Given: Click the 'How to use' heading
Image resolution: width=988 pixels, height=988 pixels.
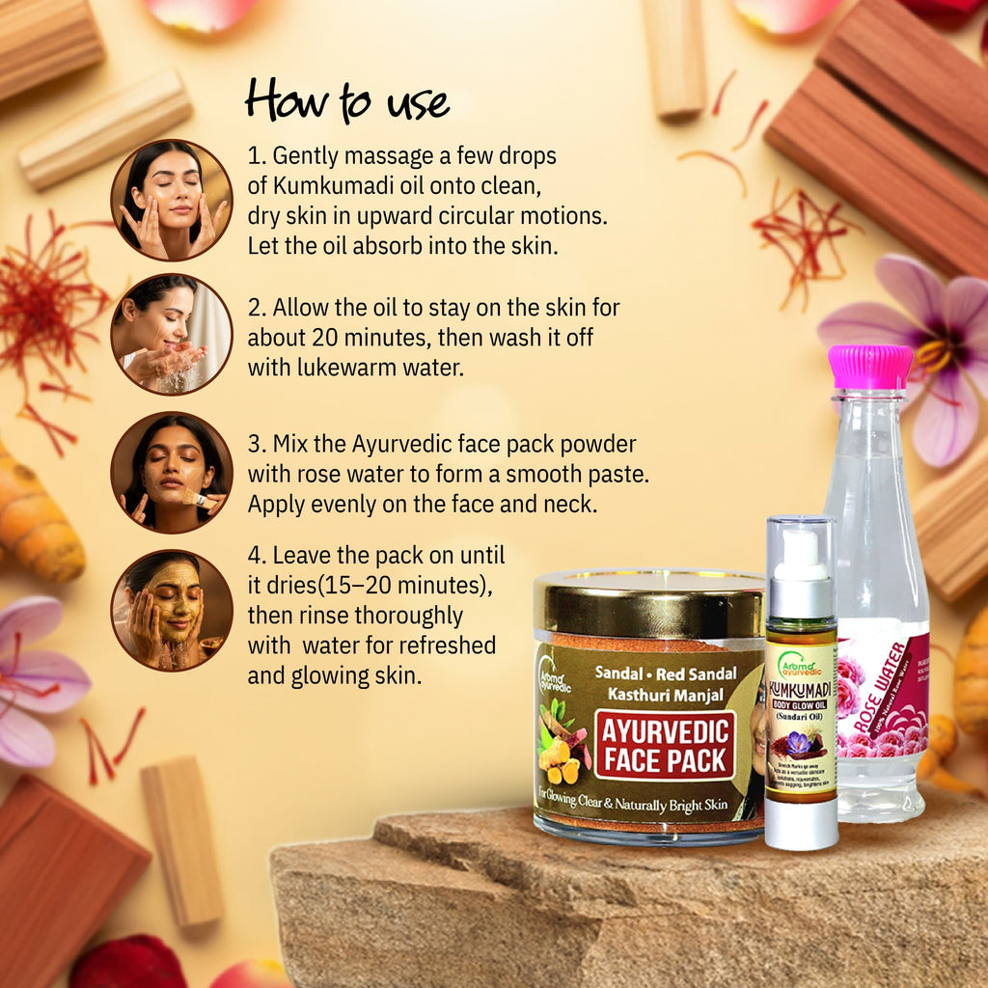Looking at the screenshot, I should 347,100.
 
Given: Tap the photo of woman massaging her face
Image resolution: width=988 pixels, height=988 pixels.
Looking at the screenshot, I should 172,201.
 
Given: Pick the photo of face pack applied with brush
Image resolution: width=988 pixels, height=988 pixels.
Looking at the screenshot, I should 172,472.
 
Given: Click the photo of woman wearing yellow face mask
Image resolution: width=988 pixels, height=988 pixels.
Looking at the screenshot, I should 172,610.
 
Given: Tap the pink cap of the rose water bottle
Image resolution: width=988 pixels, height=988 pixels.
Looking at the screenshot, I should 870,368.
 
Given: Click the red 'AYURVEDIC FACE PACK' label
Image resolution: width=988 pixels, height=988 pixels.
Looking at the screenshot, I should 664,744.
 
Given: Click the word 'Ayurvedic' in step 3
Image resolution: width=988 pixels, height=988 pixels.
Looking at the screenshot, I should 398,446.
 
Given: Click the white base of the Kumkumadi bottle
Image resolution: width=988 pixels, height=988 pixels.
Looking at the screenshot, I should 801,826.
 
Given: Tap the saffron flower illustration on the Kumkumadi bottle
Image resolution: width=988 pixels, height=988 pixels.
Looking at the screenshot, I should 800,743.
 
